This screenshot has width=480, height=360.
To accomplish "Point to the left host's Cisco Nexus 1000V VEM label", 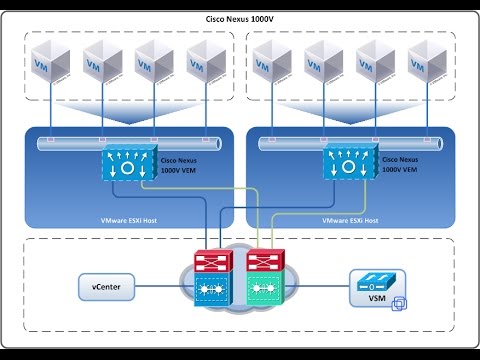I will (x=182, y=165).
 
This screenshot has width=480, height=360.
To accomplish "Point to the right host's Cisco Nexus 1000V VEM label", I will (x=402, y=165).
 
